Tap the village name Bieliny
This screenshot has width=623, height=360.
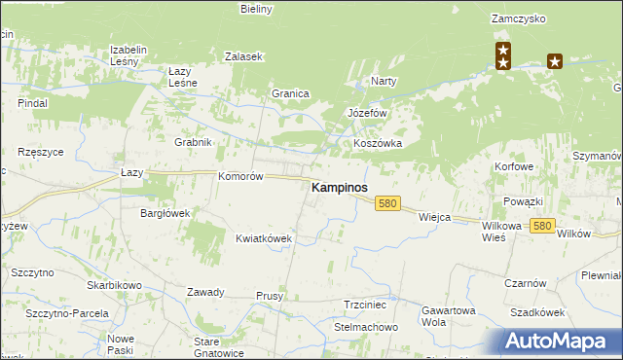coord(257,9)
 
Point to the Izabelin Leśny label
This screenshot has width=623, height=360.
coord(128,54)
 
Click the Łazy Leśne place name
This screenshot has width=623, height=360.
coord(183,77)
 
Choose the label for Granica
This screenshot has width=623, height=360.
coord(290,93)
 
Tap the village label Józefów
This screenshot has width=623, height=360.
coord(368,113)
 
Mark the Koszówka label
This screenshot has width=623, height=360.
coord(378,143)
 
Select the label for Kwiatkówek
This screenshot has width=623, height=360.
coord(264,237)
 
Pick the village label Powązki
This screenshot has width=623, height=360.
coord(523,201)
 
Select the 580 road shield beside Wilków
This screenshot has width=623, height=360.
coord(543,226)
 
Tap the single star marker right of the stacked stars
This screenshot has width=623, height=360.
coord(555,61)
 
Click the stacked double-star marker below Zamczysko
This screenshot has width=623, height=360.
coord(503,55)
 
